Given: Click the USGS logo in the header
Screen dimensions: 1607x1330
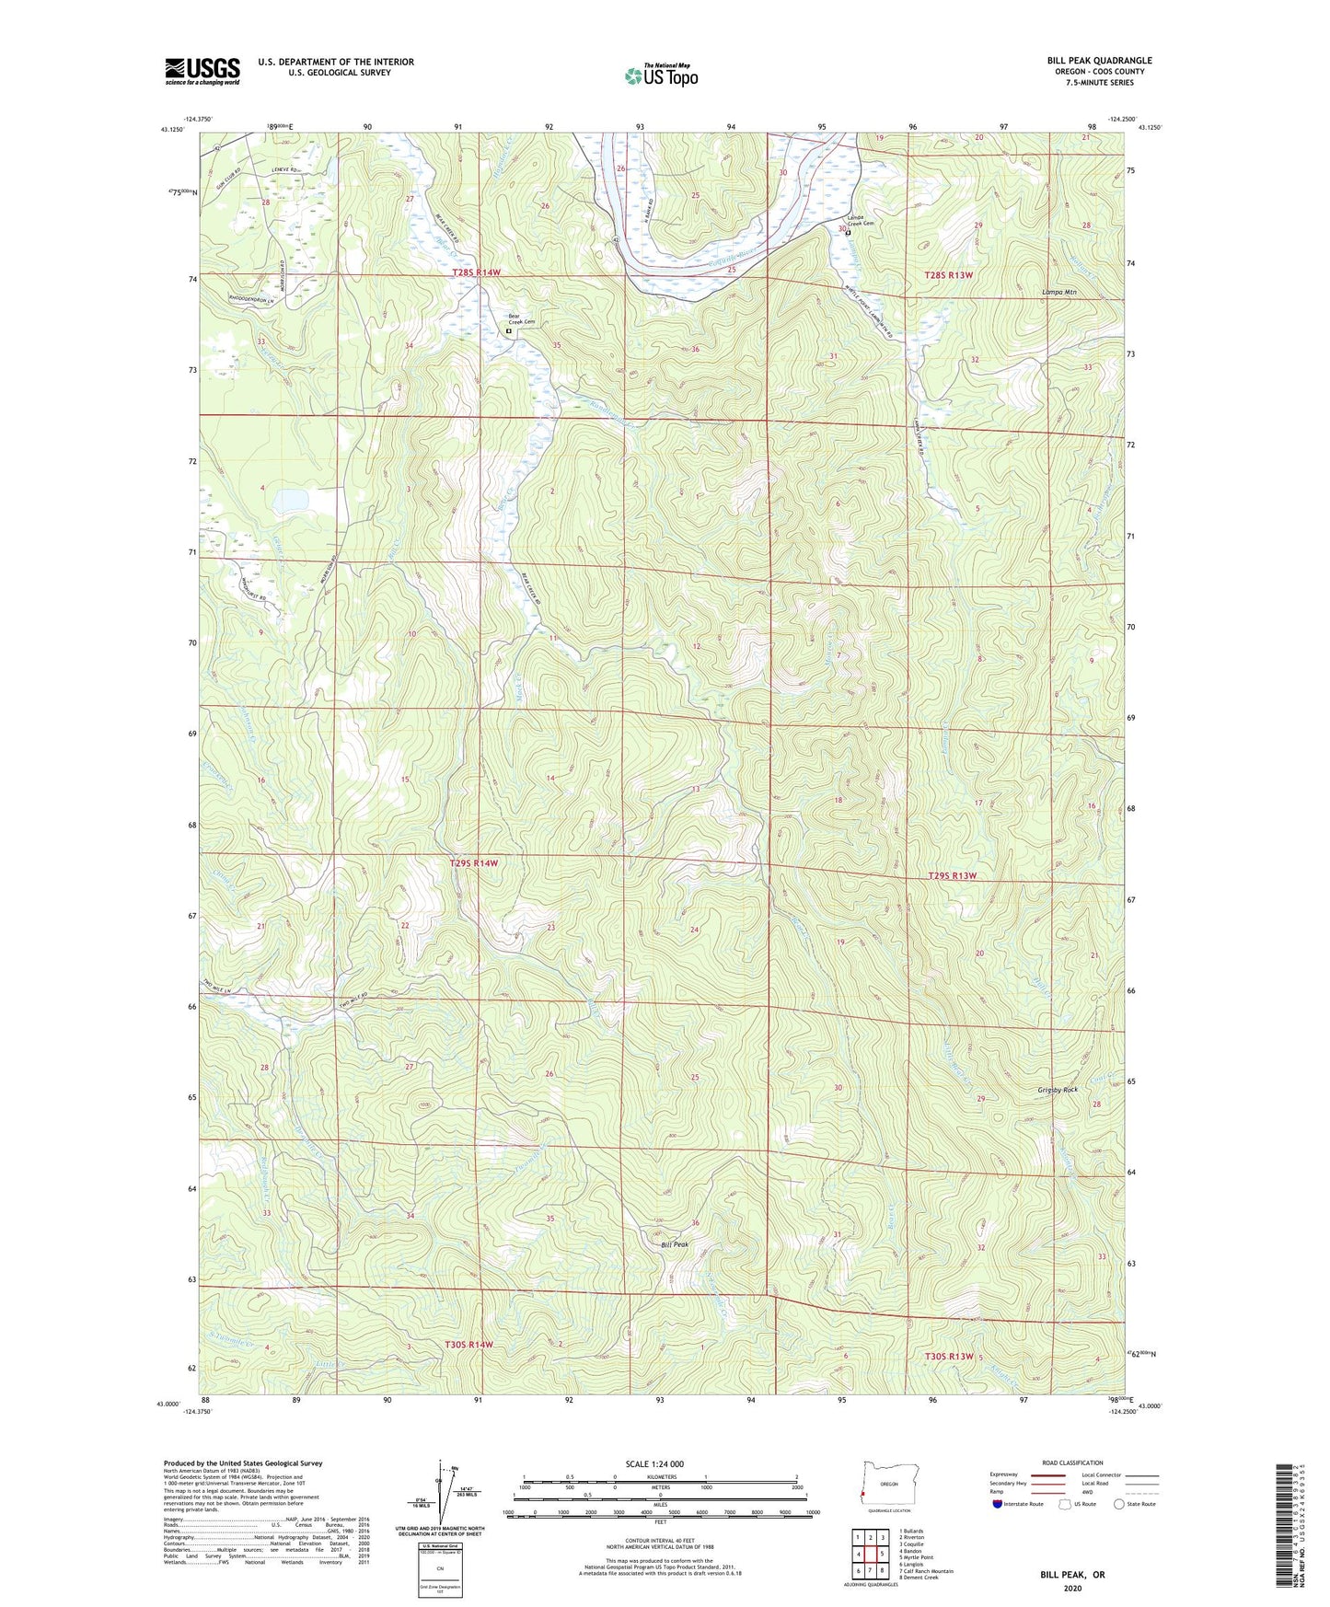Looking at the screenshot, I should click(x=202, y=71).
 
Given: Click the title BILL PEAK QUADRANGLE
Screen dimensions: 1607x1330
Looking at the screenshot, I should click(x=1099, y=61).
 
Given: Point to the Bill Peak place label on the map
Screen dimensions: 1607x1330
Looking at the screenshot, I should click(x=675, y=1244).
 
